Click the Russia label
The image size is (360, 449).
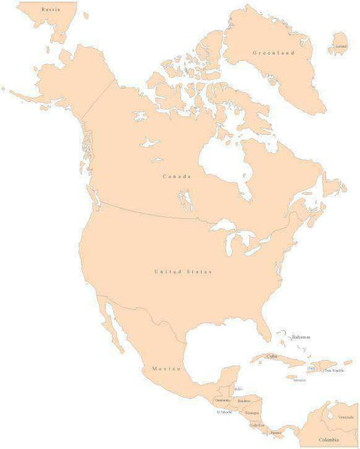coord(51,9)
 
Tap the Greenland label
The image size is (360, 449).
coord(274,53)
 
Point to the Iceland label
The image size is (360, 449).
coord(341,46)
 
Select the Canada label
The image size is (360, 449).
coord(177,176)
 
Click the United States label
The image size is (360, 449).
coord(183,271)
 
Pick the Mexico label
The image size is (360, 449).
coord(166,369)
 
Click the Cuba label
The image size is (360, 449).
coord(271,356)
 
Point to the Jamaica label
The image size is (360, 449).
coord(299,379)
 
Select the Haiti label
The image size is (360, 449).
coord(311,367)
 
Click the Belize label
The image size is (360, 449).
coord(239,389)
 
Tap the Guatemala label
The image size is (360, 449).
coord(223,400)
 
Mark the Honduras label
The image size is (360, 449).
coord(245,402)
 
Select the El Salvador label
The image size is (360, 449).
coord(225,412)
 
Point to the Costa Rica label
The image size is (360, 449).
coord(257,424)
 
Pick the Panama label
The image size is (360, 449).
coord(276,433)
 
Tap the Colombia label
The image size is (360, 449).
coord(329,439)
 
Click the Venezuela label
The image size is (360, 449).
coord(346,417)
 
